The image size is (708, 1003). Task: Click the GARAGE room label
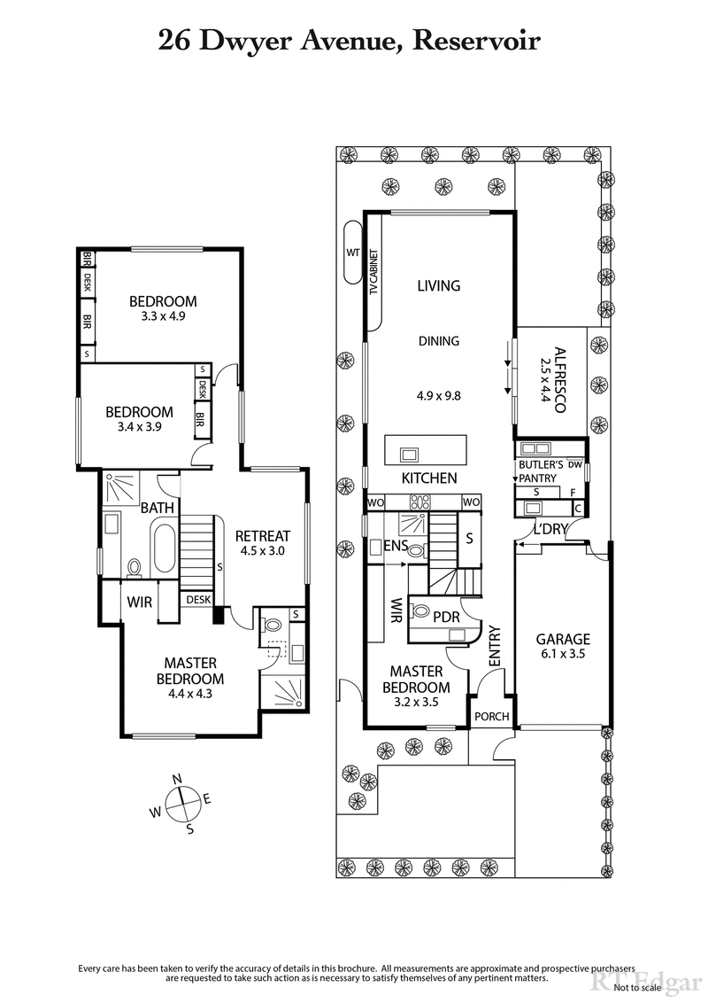[x=562, y=639]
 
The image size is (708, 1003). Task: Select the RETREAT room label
[x=262, y=536]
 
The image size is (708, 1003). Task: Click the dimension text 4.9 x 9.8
[x=439, y=396]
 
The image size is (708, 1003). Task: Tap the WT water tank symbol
[x=352, y=253]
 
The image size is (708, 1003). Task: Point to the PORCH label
[x=489, y=716]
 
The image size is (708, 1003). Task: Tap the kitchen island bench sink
[x=410, y=455]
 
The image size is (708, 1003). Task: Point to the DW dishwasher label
[x=576, y=464]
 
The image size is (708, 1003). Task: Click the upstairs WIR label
[x=139, y=602]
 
